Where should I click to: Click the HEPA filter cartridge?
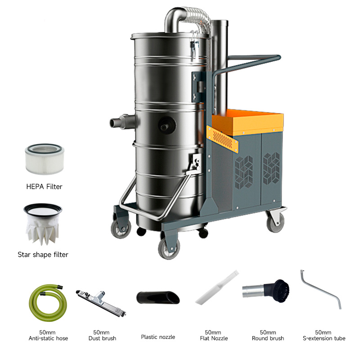[45, 159]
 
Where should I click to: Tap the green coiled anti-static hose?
[48, 302]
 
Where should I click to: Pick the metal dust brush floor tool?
[101, 303]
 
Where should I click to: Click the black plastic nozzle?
[158, 297]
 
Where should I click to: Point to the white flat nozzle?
[217, 288]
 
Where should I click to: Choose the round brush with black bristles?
[266, 291]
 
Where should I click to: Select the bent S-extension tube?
[321, 290]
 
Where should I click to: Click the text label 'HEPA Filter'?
[44, 187]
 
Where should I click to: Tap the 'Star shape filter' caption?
[43, 255]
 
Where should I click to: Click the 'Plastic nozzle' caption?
[158, 337]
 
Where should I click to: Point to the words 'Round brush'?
[268, 338]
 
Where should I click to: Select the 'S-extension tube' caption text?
[324, 338]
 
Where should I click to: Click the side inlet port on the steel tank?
[123, 121]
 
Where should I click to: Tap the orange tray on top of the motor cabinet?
[247, 122]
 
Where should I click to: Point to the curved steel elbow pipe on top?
[181, 18]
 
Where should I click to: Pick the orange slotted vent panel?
[222, 139]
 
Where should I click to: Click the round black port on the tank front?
[167, 126]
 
